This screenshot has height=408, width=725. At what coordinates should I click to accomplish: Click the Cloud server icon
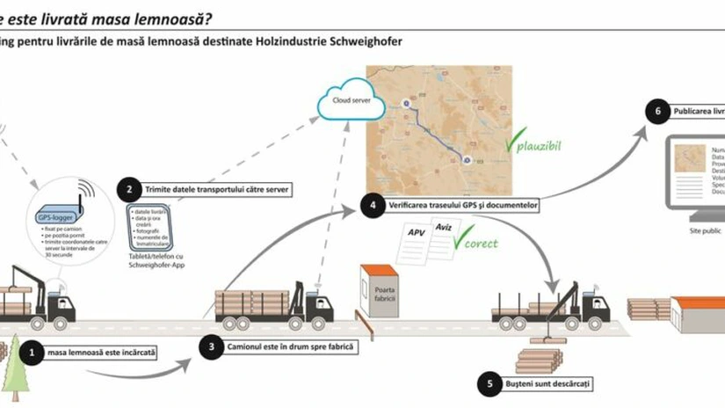coord(351,102)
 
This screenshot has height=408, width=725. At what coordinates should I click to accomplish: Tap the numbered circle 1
coord(33,353)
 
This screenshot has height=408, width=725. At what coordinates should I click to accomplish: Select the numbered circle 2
coord(129,189)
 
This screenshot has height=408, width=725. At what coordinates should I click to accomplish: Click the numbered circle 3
coord(211,346)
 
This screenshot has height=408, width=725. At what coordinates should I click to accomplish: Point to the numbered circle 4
coord(373,206)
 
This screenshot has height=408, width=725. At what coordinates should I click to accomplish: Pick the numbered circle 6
coord(652,112)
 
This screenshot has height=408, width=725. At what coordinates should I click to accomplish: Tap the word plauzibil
coord(538,142)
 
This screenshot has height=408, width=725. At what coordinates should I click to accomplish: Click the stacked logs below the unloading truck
coord(539,361)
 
